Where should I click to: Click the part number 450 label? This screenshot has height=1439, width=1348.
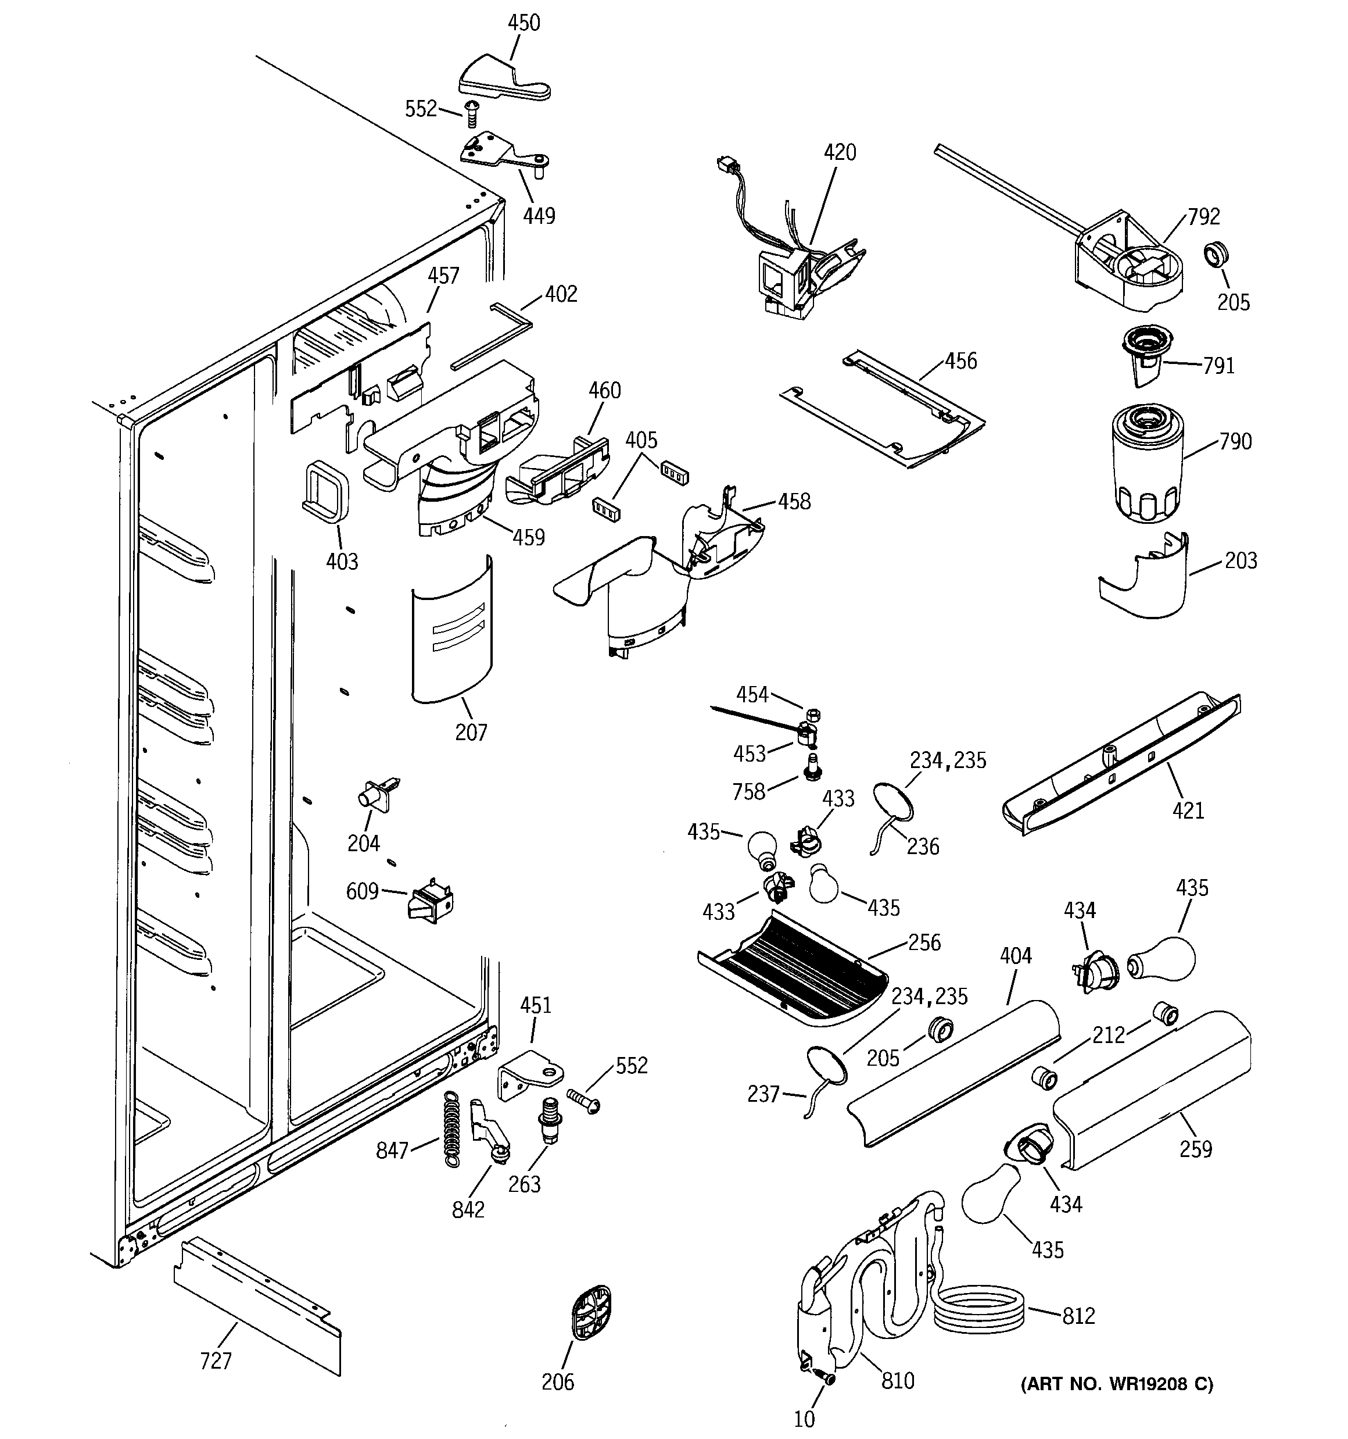(523, 23)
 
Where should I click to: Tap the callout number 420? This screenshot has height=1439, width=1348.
(840, 153)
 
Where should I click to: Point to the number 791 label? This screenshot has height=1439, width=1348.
(1218, 366)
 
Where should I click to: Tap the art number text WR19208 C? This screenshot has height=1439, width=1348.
(1117, 1384)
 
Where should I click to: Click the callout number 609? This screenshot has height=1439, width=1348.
(362, 891)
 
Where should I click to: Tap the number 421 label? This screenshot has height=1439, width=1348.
(1188, 810)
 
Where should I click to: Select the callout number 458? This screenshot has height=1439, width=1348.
(794, 502)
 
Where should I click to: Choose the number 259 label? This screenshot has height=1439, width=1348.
(1195, 1149)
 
